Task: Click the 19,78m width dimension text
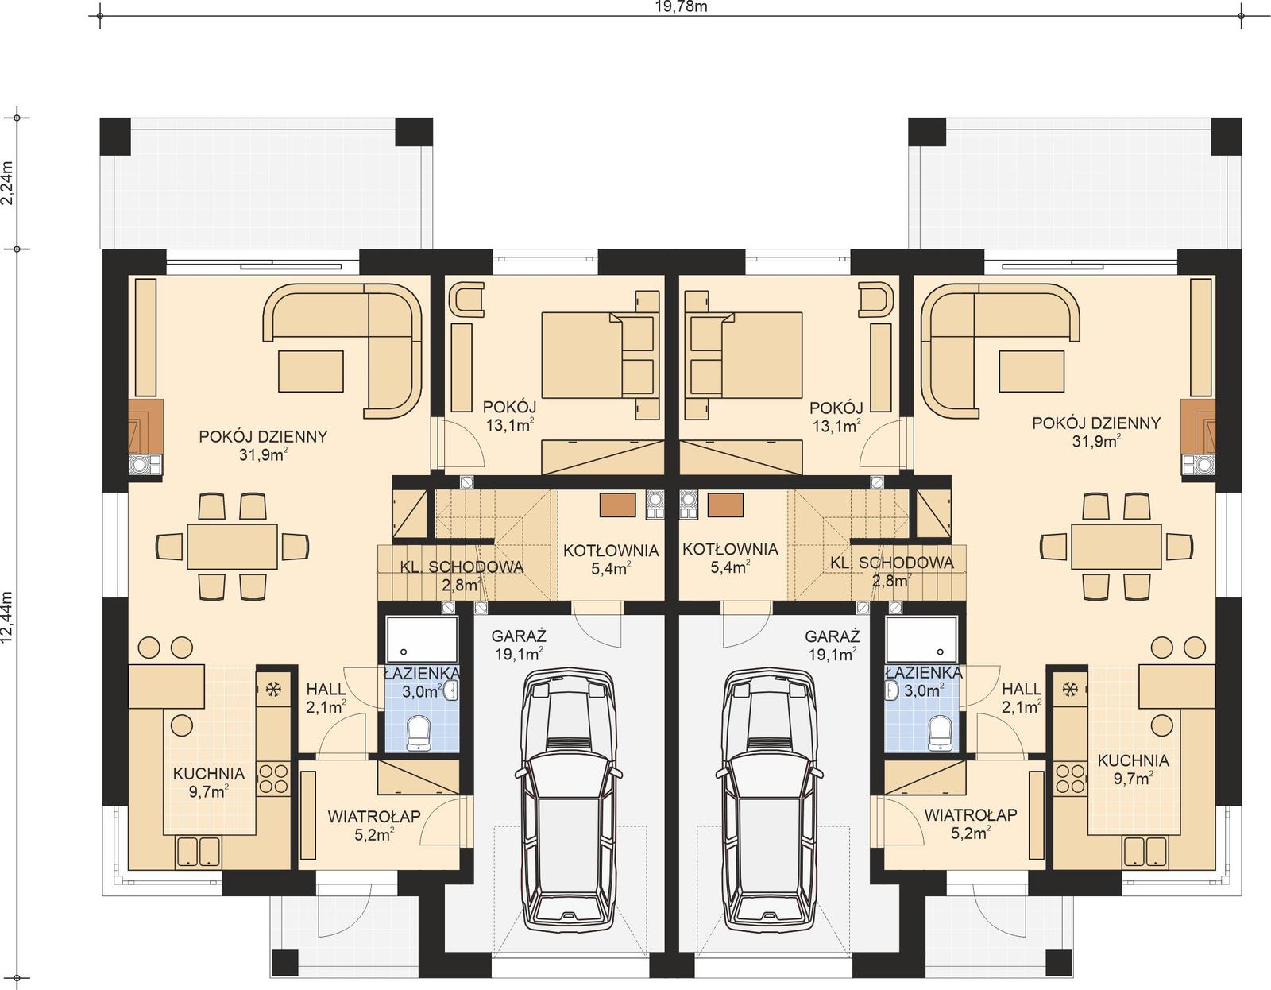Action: (670, 7)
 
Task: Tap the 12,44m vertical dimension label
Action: (7, 619)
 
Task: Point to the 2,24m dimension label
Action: (7, 183)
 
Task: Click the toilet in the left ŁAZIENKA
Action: (418, 732)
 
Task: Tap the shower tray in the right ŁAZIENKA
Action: (922, 639)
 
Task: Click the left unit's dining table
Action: (232, 545)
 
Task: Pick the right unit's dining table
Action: (1116, 545)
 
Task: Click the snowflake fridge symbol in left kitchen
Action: (274, 689)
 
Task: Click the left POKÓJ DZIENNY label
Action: (263, 437)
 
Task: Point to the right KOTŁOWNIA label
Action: (729, 550)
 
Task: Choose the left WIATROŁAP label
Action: (374, 816)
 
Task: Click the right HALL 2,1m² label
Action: (1021, 697)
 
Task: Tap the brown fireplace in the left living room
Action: (146, 425)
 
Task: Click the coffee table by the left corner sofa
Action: (311, 371)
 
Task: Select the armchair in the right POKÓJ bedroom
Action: (875, 300)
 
